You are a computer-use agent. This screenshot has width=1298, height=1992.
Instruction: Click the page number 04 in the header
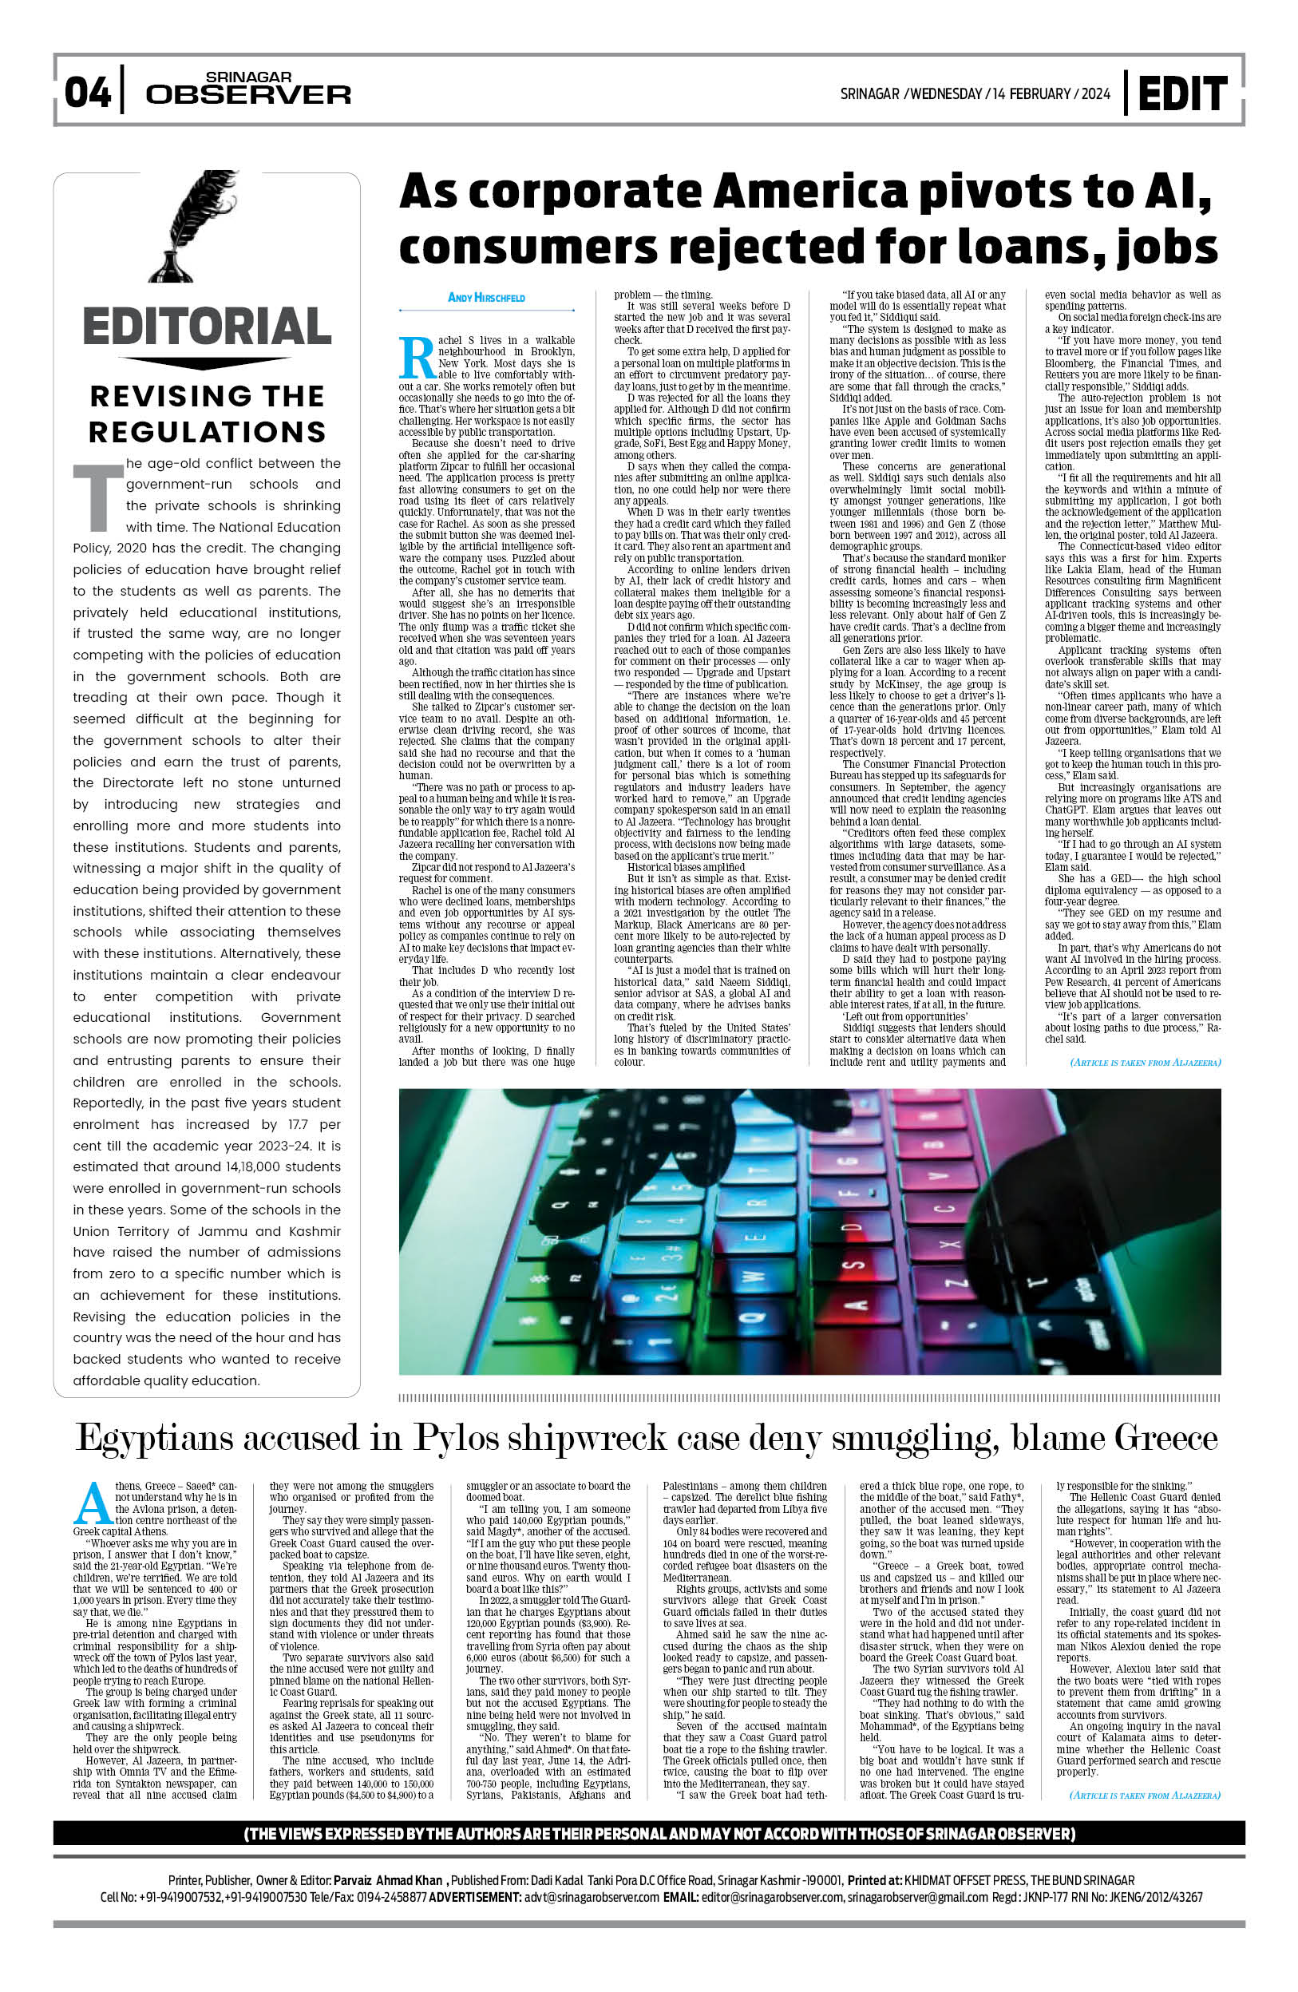coord(87,92)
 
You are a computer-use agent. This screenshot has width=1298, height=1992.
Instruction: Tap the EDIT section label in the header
coord(1181,93)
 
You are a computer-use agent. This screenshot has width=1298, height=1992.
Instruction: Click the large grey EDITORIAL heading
coord(207,327)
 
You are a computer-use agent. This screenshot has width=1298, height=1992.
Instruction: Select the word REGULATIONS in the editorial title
coord(207,432)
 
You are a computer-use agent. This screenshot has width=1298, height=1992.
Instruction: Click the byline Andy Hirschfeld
coord(486,298)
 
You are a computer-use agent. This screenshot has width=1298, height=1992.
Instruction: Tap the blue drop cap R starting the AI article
coord(417,358)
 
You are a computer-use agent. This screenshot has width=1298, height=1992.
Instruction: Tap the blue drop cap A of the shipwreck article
coord(93,1504)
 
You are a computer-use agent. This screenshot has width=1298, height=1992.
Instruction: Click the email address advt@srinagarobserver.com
coord(592,1896)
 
